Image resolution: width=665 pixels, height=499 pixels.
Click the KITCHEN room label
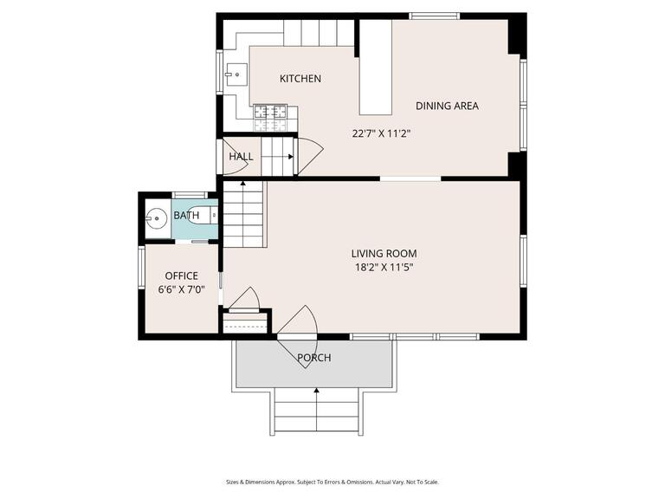click(x=300, y=79)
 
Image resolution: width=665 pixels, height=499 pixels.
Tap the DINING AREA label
click(x=447, y=106)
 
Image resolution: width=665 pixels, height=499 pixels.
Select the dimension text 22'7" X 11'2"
click(x=380, y=134)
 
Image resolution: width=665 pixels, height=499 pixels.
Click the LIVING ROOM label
click(x=384, y=254)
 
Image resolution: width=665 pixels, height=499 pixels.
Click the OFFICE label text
click(x=181, y=276)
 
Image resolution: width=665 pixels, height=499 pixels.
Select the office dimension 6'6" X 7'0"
click(x=181, y=289)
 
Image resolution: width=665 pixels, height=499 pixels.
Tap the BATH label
click(x=186, y=216)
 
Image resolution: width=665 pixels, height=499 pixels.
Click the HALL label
click(x=241, y=157)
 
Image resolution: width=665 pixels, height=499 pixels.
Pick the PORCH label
click(x=313, y=358)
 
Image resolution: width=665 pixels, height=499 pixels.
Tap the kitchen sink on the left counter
click(x=235, y=75)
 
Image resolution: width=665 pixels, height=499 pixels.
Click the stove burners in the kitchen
click(x=270, y=112)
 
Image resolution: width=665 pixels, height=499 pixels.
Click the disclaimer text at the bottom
click(x=332, y=483)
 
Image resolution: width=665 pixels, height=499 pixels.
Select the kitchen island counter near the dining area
click(x=376, y=68)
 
